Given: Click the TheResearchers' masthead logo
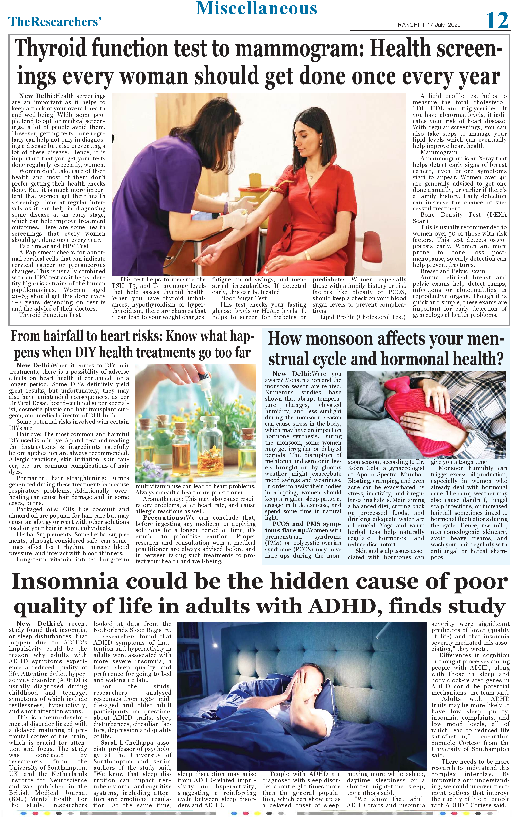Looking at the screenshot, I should [x=55, y=22].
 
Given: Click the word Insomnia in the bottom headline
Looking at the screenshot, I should [x=65, y=582].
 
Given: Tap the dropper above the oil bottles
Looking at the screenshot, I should [x=207, y=387].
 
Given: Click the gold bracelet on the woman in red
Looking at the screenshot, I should [x=307, y=255].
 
